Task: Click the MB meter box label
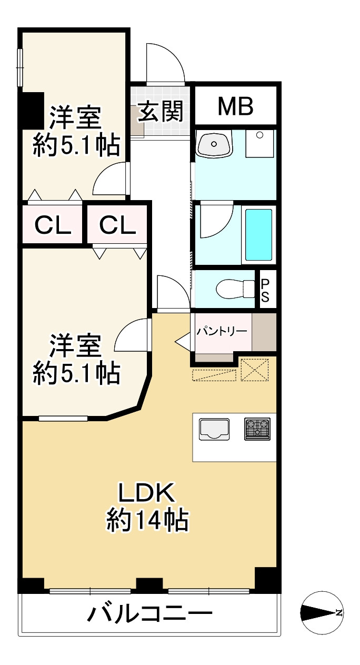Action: click(236, 107)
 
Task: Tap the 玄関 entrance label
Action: click(161, 111)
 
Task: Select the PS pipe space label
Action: click(265, 290)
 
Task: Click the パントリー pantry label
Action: click(222, 332)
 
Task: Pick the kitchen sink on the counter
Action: click(214, 429)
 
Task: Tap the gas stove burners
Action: click(257, 429)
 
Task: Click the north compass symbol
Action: click(322, 612)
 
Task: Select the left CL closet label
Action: click(53, 225)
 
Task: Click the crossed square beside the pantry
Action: click(255, 369)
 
